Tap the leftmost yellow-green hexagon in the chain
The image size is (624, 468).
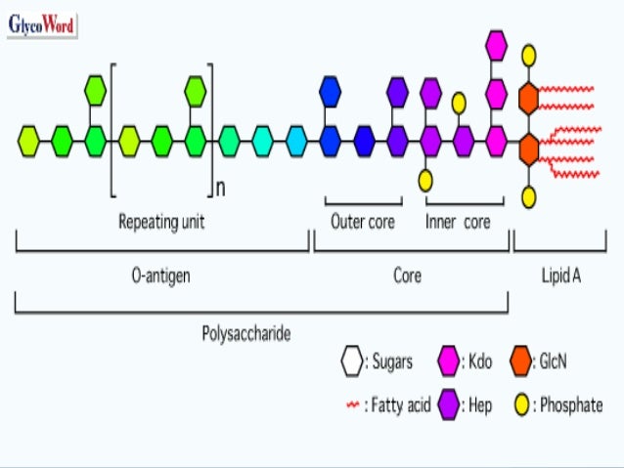tap(30, 142)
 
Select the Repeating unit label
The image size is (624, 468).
tap(161, 222)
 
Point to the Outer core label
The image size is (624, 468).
tap(363, 222)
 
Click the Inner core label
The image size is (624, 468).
tap(458, 222)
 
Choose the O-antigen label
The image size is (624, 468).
tap(161, 276)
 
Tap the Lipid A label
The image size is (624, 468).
tap(560, 276)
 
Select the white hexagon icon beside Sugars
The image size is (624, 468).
tap(351, 362)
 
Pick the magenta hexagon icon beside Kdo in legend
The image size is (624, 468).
tap(449, 362)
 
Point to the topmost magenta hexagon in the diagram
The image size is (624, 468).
tap(496, 45)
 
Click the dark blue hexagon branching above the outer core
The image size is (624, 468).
tap(331, 93)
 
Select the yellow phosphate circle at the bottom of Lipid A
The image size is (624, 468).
tap(528, 198)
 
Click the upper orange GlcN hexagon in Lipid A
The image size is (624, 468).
tap(528, 99)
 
